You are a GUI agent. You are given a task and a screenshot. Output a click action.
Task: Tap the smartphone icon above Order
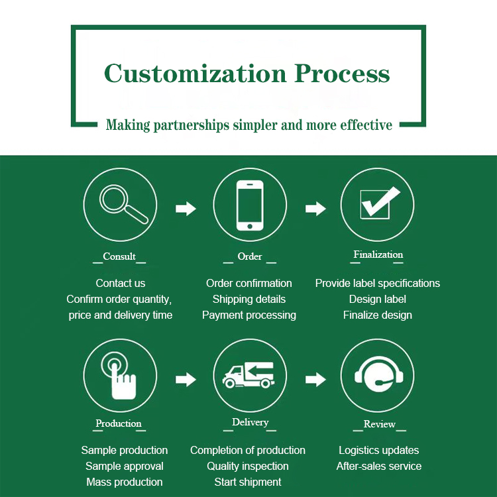[x=250, y=205]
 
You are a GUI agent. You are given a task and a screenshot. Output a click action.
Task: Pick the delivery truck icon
[x=248, y=376]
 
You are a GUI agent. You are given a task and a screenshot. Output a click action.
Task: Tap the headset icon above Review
[x=377, y=376]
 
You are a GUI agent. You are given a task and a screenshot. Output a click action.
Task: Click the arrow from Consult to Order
[x=186, y=209]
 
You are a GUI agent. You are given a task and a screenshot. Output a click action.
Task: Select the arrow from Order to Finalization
[x=315, y=209]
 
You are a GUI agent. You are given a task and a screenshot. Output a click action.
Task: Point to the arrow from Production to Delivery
[x=186, y=379]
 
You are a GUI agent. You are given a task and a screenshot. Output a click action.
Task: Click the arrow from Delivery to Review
[x=315, y=379]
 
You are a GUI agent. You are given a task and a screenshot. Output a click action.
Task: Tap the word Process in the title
[x=343, y=73]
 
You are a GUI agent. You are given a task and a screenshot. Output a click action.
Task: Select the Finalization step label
[x=378, y=254]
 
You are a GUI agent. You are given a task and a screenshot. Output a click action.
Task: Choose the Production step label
[x=119, y=423]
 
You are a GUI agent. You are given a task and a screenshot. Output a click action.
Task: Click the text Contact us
[x=121, y=283]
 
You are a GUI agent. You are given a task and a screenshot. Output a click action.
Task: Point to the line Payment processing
[x=249, y=315]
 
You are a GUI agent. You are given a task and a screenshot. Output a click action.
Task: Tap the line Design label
[x=378, y=299]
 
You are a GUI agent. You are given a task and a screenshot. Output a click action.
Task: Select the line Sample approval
[x=125, y=466]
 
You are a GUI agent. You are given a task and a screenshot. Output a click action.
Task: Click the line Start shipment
[x=248, y=482]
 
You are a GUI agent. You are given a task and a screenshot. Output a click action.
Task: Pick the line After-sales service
[x=379, y=466]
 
